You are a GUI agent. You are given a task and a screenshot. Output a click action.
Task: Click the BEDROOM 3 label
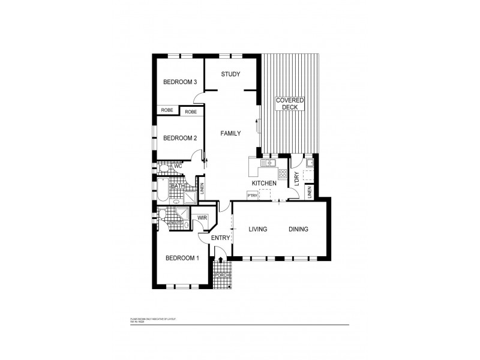tap(181, 82)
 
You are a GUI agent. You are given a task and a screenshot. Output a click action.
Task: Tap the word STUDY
tap(230, 74)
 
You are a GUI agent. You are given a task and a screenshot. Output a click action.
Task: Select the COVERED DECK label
tap(290, 103)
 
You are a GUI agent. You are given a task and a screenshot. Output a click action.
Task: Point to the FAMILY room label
tap(230, 133)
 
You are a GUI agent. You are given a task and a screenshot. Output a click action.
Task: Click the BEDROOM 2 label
tap(180, 138)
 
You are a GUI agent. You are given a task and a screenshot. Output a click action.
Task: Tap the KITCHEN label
tap(264, 182)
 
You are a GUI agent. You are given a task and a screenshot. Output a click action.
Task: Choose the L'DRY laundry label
tap(296, 178)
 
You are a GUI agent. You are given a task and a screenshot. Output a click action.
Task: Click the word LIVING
tap(257, 229)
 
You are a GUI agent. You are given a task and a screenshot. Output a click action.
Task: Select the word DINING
tap(298, 229)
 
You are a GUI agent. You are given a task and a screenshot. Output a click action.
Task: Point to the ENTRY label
tap(221, 238)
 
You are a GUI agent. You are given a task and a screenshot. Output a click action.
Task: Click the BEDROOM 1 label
tap(182, 258)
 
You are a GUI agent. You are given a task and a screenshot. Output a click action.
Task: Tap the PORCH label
tap(221, 275)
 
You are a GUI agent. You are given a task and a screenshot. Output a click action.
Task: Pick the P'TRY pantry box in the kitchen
tap(252, 195)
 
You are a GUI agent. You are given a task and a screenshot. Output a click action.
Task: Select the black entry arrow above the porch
tap(221, 260)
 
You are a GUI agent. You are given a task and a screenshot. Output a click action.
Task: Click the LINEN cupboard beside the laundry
tap(310, 192)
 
